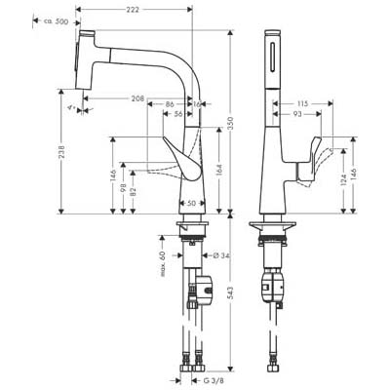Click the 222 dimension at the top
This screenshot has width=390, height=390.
point(133,10)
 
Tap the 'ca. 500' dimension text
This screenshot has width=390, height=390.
point(56,21)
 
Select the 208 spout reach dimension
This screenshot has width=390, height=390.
point(137,98)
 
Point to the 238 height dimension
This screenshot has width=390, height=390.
point(61,152)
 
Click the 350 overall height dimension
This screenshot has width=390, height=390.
point(231,123)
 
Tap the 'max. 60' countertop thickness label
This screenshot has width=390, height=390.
point(163,264)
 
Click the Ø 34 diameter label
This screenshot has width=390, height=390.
point(221,255)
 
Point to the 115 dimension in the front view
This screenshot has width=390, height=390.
point(302,104)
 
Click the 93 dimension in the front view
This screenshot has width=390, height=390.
point(297,114)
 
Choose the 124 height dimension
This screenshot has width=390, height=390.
point(344,179)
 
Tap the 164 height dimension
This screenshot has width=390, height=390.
point(219,169)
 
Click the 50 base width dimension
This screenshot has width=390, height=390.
point(192,204)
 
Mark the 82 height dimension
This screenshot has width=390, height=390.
point(133,192)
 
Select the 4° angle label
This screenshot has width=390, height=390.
point(71,107)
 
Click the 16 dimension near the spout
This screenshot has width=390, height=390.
point(197,104)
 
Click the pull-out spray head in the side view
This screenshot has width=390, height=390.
point(86,59)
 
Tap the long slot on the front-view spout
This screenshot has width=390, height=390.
point(272,57)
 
